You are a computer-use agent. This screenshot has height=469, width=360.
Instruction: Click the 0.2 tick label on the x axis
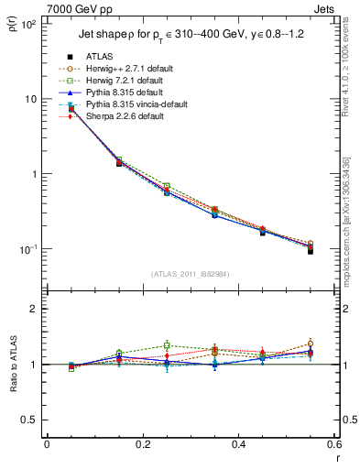coord(143,445)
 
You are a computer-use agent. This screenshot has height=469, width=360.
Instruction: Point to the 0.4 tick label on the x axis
coord(238,445)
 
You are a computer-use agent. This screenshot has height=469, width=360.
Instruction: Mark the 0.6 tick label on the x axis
coord(333,445)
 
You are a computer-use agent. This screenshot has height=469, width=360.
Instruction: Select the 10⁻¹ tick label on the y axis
coord(29,249)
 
